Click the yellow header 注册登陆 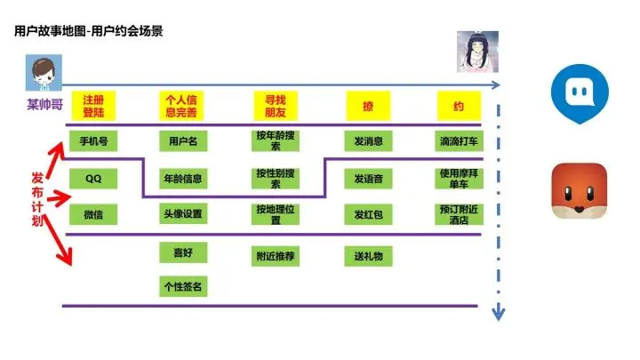(94, 106)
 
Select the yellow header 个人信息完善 (182, 106)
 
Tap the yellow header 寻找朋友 (275, 106)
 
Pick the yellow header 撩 (367, 106)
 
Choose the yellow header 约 (459, 106)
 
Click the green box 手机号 (94, 141)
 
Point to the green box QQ (94, 178)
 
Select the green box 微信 (94, 214)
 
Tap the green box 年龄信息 (182, 178)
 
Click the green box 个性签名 (182, 286)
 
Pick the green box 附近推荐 (275, 256)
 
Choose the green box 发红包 (367, 214)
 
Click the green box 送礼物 (367, 256)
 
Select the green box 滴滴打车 (459, 141)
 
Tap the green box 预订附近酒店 (459, 214)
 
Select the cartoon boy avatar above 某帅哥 (41, 73)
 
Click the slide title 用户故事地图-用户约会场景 (88, 31)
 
